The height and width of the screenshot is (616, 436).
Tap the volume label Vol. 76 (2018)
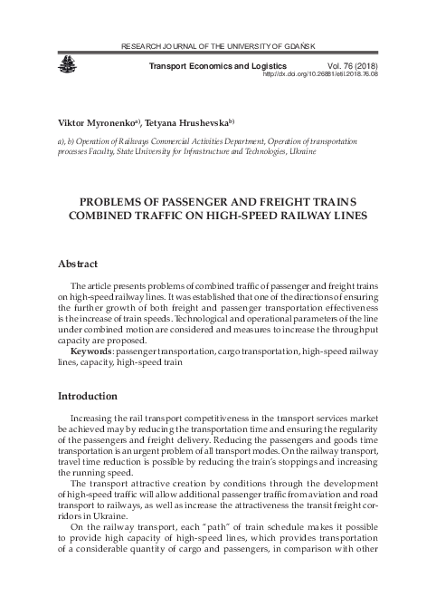(x=343, y=65)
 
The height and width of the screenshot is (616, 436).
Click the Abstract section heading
(x=78, y=264)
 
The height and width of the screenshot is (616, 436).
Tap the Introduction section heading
(x=90, y=396)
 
